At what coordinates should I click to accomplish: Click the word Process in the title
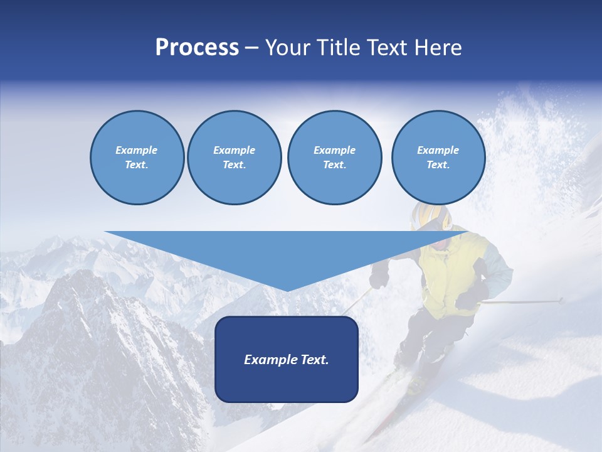[x=197, y=48]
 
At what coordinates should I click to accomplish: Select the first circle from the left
[x=137, y=158]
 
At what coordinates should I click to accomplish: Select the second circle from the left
[x=235, y=158]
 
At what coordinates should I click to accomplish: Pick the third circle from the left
[x=334, y=158]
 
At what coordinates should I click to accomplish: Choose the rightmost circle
[x=438, y=158]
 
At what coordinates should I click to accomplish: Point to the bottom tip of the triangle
[x=287, y=289]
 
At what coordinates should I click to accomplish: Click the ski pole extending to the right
[x=527, y=301]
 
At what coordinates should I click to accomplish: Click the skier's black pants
[x=433, y=333]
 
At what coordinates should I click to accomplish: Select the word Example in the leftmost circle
[x=137, y=150]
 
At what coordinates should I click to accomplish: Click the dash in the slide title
[x=252, y=48]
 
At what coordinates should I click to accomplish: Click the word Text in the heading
[x=384, y=48]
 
